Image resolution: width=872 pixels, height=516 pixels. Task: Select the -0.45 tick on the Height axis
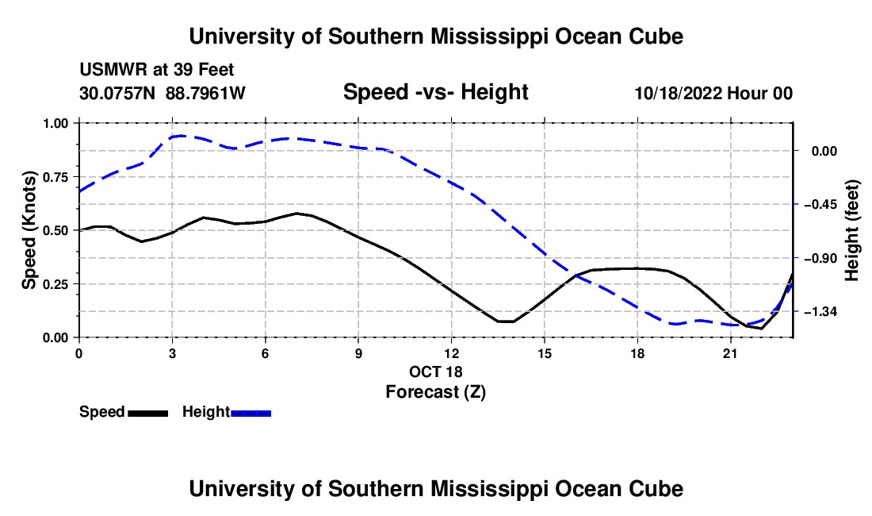coord(820,204)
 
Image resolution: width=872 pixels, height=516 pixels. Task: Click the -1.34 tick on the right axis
coord(820,311)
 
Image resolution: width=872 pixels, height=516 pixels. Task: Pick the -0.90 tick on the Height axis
coord(820,258)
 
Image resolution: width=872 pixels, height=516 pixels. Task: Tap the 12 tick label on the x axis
coord(452,353)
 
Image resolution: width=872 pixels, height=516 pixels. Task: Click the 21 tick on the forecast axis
coord(730,353)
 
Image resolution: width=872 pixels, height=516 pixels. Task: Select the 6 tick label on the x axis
coord(266,353)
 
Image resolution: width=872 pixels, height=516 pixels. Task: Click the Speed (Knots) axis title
coord(29,230)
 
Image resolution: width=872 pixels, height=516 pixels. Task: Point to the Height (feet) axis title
coord(852,230)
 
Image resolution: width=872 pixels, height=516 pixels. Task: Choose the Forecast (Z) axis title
coord(436,392)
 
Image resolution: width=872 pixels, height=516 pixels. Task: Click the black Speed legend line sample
coord(148,413)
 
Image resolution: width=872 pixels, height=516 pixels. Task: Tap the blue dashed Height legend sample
coord(251,413)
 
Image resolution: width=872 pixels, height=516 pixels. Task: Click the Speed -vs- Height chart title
coord(435,92)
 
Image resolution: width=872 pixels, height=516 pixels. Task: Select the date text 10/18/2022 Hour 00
coord(713,93)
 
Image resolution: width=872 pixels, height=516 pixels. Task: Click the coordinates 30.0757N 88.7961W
coord(163,93)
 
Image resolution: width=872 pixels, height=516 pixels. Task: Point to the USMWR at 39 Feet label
coord(157,70)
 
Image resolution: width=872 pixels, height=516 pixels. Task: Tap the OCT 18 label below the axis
coord(436,372)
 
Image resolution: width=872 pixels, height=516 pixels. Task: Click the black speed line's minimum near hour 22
coord(761,329)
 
